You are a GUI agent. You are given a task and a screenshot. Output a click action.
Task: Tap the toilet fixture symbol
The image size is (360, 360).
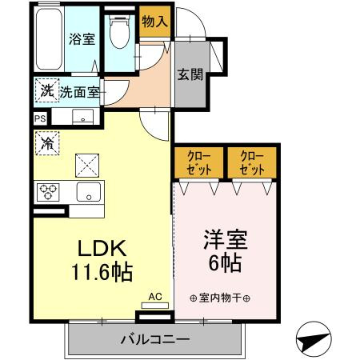tap(119, 34)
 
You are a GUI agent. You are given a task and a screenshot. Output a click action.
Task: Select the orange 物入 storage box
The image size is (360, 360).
tap(154, 22)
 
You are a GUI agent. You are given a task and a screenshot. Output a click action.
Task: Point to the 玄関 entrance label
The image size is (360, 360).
tap(190, 75)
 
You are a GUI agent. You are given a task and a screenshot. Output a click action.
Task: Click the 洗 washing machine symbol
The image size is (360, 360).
tap(46, 91)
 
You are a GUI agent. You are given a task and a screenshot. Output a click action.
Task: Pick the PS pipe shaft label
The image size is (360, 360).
tap(40, 118)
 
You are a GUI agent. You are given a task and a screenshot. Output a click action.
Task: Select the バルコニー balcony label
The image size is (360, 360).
tap(155, 339)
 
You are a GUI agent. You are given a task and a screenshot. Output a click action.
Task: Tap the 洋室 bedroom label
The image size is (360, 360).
tap(226, 238)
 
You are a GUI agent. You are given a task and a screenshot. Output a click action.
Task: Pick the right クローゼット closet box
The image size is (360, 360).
tap(251, 163)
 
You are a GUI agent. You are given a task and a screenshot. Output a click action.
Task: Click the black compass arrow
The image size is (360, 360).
tap(312, 339)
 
